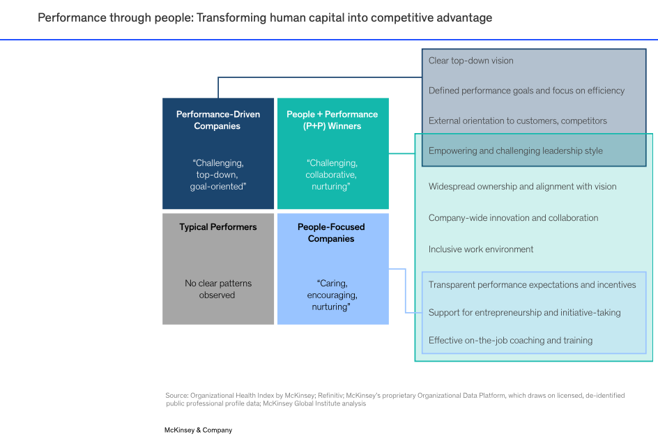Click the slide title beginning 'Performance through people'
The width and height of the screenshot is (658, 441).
coord(265,17)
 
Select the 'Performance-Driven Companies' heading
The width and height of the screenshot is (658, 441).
coord(217,120)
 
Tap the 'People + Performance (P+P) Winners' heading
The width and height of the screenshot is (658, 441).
coord(332,120)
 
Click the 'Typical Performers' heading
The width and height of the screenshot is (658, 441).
coord(217,227)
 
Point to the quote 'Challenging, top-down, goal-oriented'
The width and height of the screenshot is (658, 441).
coord(217,174)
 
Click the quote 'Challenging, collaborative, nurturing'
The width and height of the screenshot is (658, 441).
coord(332,174)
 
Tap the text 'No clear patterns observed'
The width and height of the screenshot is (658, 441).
coord(218,289)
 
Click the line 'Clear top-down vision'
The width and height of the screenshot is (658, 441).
coord(470,61)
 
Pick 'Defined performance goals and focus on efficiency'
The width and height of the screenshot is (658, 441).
coord(526,91)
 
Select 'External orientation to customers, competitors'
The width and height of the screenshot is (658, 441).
coord(517,121)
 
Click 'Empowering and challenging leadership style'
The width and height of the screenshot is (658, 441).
coord(515,150)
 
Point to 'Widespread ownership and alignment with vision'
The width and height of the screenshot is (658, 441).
coord(522,187)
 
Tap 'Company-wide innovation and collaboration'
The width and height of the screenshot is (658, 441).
coord(513,218)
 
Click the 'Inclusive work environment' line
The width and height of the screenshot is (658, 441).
coord(481,249)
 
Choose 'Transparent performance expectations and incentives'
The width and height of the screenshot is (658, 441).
coord(532,285)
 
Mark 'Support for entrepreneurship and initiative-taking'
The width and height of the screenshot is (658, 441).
coord(524,313)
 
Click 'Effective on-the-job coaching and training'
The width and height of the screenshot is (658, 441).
coord(510,341)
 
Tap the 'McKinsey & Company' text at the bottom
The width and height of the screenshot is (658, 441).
coord(198,430)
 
